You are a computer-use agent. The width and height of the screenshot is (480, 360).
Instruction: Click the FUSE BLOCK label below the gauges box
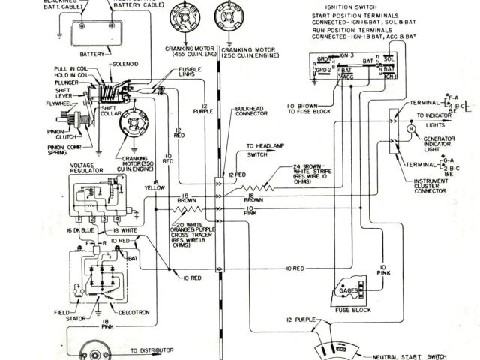[354, 308]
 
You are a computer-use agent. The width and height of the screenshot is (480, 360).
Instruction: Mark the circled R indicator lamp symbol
[411, 129]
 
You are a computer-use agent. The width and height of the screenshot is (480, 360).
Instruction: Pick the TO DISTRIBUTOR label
[152, 350]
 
